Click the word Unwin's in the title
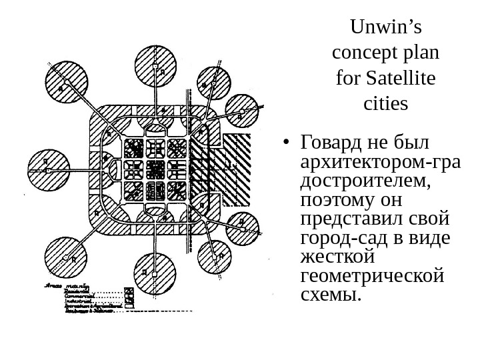coord(386,28)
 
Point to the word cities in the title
coord(386,104)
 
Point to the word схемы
coord(331,294)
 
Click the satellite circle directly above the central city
coord(155,66)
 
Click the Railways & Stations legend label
coord(91,311)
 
